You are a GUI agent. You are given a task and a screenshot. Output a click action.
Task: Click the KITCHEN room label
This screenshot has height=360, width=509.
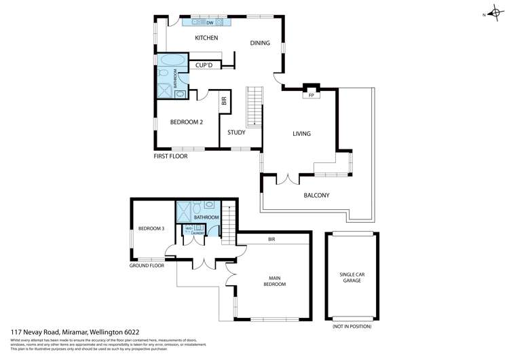point(206,38)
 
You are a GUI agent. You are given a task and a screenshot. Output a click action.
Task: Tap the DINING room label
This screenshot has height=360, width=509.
point(260,43)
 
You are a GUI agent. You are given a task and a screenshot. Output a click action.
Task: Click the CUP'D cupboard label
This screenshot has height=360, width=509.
point(204,65)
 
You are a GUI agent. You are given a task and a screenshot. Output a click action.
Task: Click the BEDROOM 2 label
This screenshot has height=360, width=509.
point(186,122)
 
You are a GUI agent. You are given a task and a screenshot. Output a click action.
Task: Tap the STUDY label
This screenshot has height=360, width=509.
point(236,132)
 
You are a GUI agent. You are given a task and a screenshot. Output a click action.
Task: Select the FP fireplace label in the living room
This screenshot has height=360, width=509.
point(312,96)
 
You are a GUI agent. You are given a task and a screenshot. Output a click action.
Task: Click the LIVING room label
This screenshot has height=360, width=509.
point(301,134)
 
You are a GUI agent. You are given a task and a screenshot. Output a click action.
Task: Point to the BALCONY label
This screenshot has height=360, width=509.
point(316,196)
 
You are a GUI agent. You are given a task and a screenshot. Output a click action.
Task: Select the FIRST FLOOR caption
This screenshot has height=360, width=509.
point(170,156)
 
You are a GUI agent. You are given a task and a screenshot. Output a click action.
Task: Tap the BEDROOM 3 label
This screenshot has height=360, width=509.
point(151,229)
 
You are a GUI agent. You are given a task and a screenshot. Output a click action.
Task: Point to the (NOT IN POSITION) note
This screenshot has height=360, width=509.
point(352,327)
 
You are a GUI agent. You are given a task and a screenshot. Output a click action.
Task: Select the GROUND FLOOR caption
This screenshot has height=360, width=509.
point(147,266)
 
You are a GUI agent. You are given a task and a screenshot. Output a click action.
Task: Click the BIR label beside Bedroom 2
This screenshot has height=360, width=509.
point(224,102)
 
